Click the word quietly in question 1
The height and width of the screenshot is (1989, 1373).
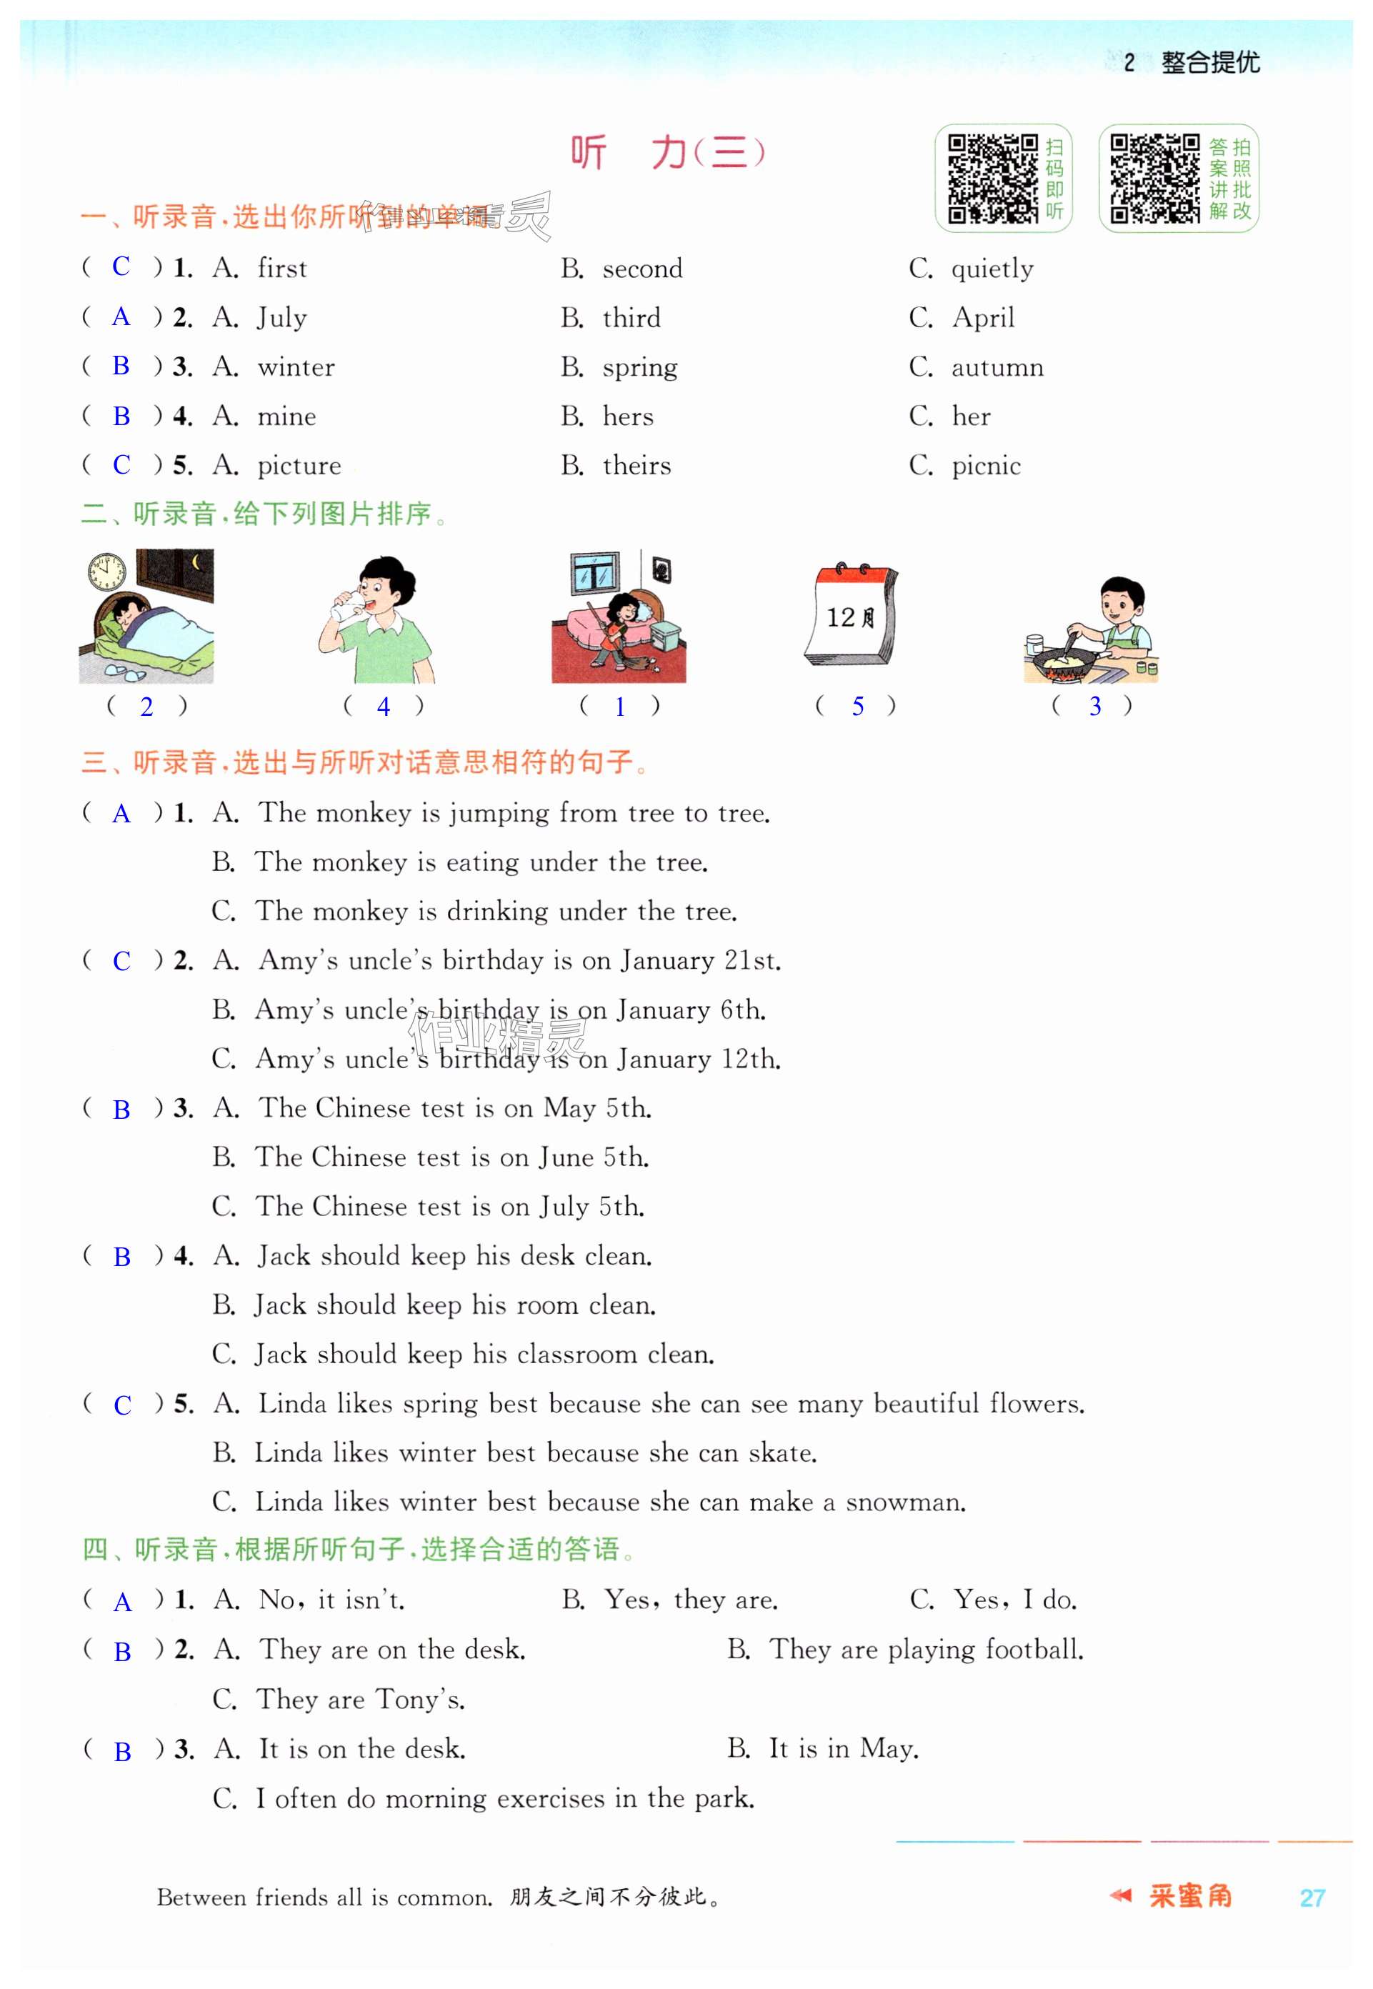[x=992, y=269]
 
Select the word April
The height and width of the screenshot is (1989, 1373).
[x=983, y=319]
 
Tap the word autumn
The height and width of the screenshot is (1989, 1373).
[x=997, y=367]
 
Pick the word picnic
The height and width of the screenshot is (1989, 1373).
[x=986, y=467]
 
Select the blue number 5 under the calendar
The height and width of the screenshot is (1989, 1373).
[x=858, y=707]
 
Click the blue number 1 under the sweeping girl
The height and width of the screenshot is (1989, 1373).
[x=619, y=707]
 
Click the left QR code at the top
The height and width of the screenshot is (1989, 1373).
[x=993, y=178]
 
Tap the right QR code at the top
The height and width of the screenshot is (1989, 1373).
[x=1154, y=178]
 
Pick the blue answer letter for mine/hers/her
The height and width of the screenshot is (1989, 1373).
[x=121, y=417]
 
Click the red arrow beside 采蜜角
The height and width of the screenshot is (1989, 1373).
[x=1120, y=1895]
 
